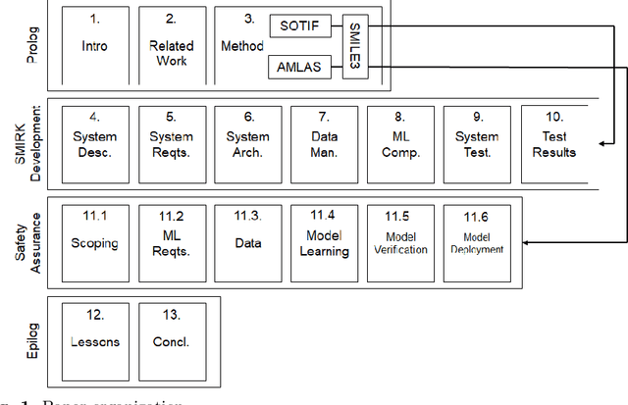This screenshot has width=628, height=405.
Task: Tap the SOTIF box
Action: pyautogui.click(x=298, y=26)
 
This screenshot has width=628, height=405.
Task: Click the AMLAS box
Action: pyautogui.click(x=298, y=67)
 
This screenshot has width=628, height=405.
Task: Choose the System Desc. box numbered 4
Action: pyautogui.click(x=94, y=143)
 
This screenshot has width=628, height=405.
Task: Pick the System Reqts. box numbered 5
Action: pyautogui.click(x=171, y=143)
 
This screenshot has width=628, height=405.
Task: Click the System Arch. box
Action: pyautogui.click(x=247, y=143)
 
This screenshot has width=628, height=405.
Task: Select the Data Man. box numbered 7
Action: pyautogui.click(x=324, y=143)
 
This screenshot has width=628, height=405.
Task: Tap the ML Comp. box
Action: pyautogui.click(x=400, y=143)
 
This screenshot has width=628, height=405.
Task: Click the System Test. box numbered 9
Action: pyautogui.click(x=477, y=143)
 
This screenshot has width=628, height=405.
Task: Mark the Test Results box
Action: pyautogui.click(x=553, y=143)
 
